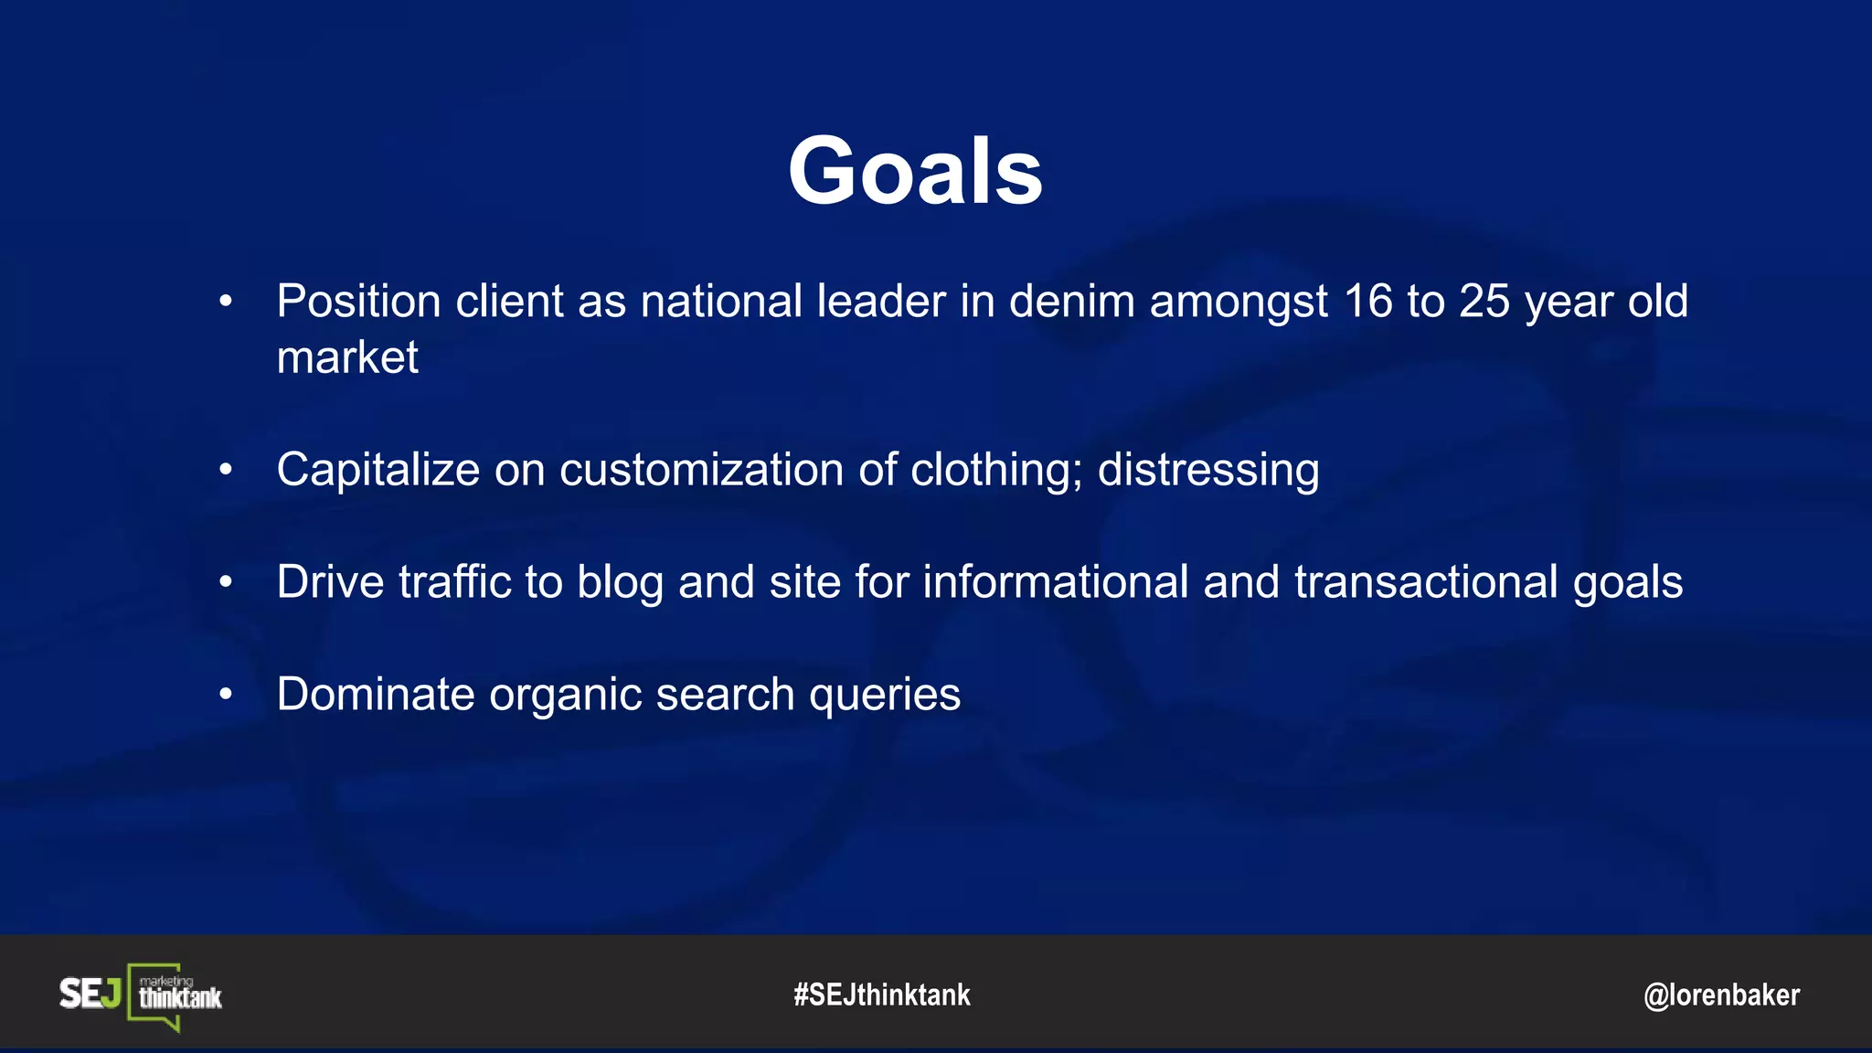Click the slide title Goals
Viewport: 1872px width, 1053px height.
(915, 171)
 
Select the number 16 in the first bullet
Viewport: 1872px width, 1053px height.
(1367, 302)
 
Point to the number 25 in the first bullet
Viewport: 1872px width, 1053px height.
(1484, 302)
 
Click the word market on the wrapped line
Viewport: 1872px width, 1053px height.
(347, 357)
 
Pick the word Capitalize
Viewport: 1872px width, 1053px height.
(378, 470)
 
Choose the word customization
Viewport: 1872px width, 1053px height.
(701, 470)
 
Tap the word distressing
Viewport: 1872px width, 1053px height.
(1207, 470)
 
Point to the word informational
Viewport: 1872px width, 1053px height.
(1055, 582)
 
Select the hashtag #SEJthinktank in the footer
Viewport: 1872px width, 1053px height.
(882, 994)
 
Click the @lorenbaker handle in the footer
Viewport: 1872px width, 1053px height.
(1721, 994)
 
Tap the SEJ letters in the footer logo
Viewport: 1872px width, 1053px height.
(90, 994)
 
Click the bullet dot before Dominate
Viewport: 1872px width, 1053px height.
(226, 695)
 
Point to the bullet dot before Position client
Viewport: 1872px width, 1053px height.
(226, 302)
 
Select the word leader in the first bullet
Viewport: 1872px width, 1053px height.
(880, 302)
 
